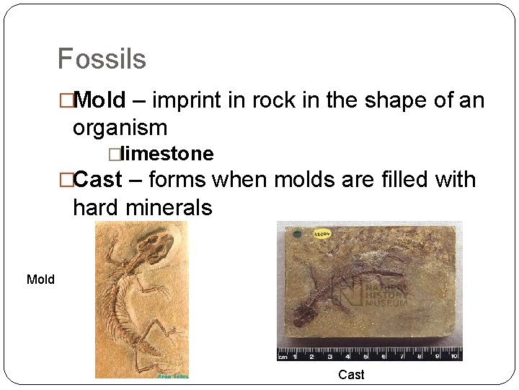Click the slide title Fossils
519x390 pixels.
coord(102,59)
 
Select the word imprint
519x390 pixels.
coord(187,100)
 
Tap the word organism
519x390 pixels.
coord(120,128)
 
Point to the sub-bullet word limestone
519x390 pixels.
coord(167,154)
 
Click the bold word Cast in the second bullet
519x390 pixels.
coord(98,179)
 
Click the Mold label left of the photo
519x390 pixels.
coord(40,279)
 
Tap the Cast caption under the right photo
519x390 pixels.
coord(351,374)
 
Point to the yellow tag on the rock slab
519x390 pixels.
coord(321,233)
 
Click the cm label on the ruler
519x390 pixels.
coord(284,356)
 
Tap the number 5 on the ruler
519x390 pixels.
coord(364,356)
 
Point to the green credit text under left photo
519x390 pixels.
coord(173,376)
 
